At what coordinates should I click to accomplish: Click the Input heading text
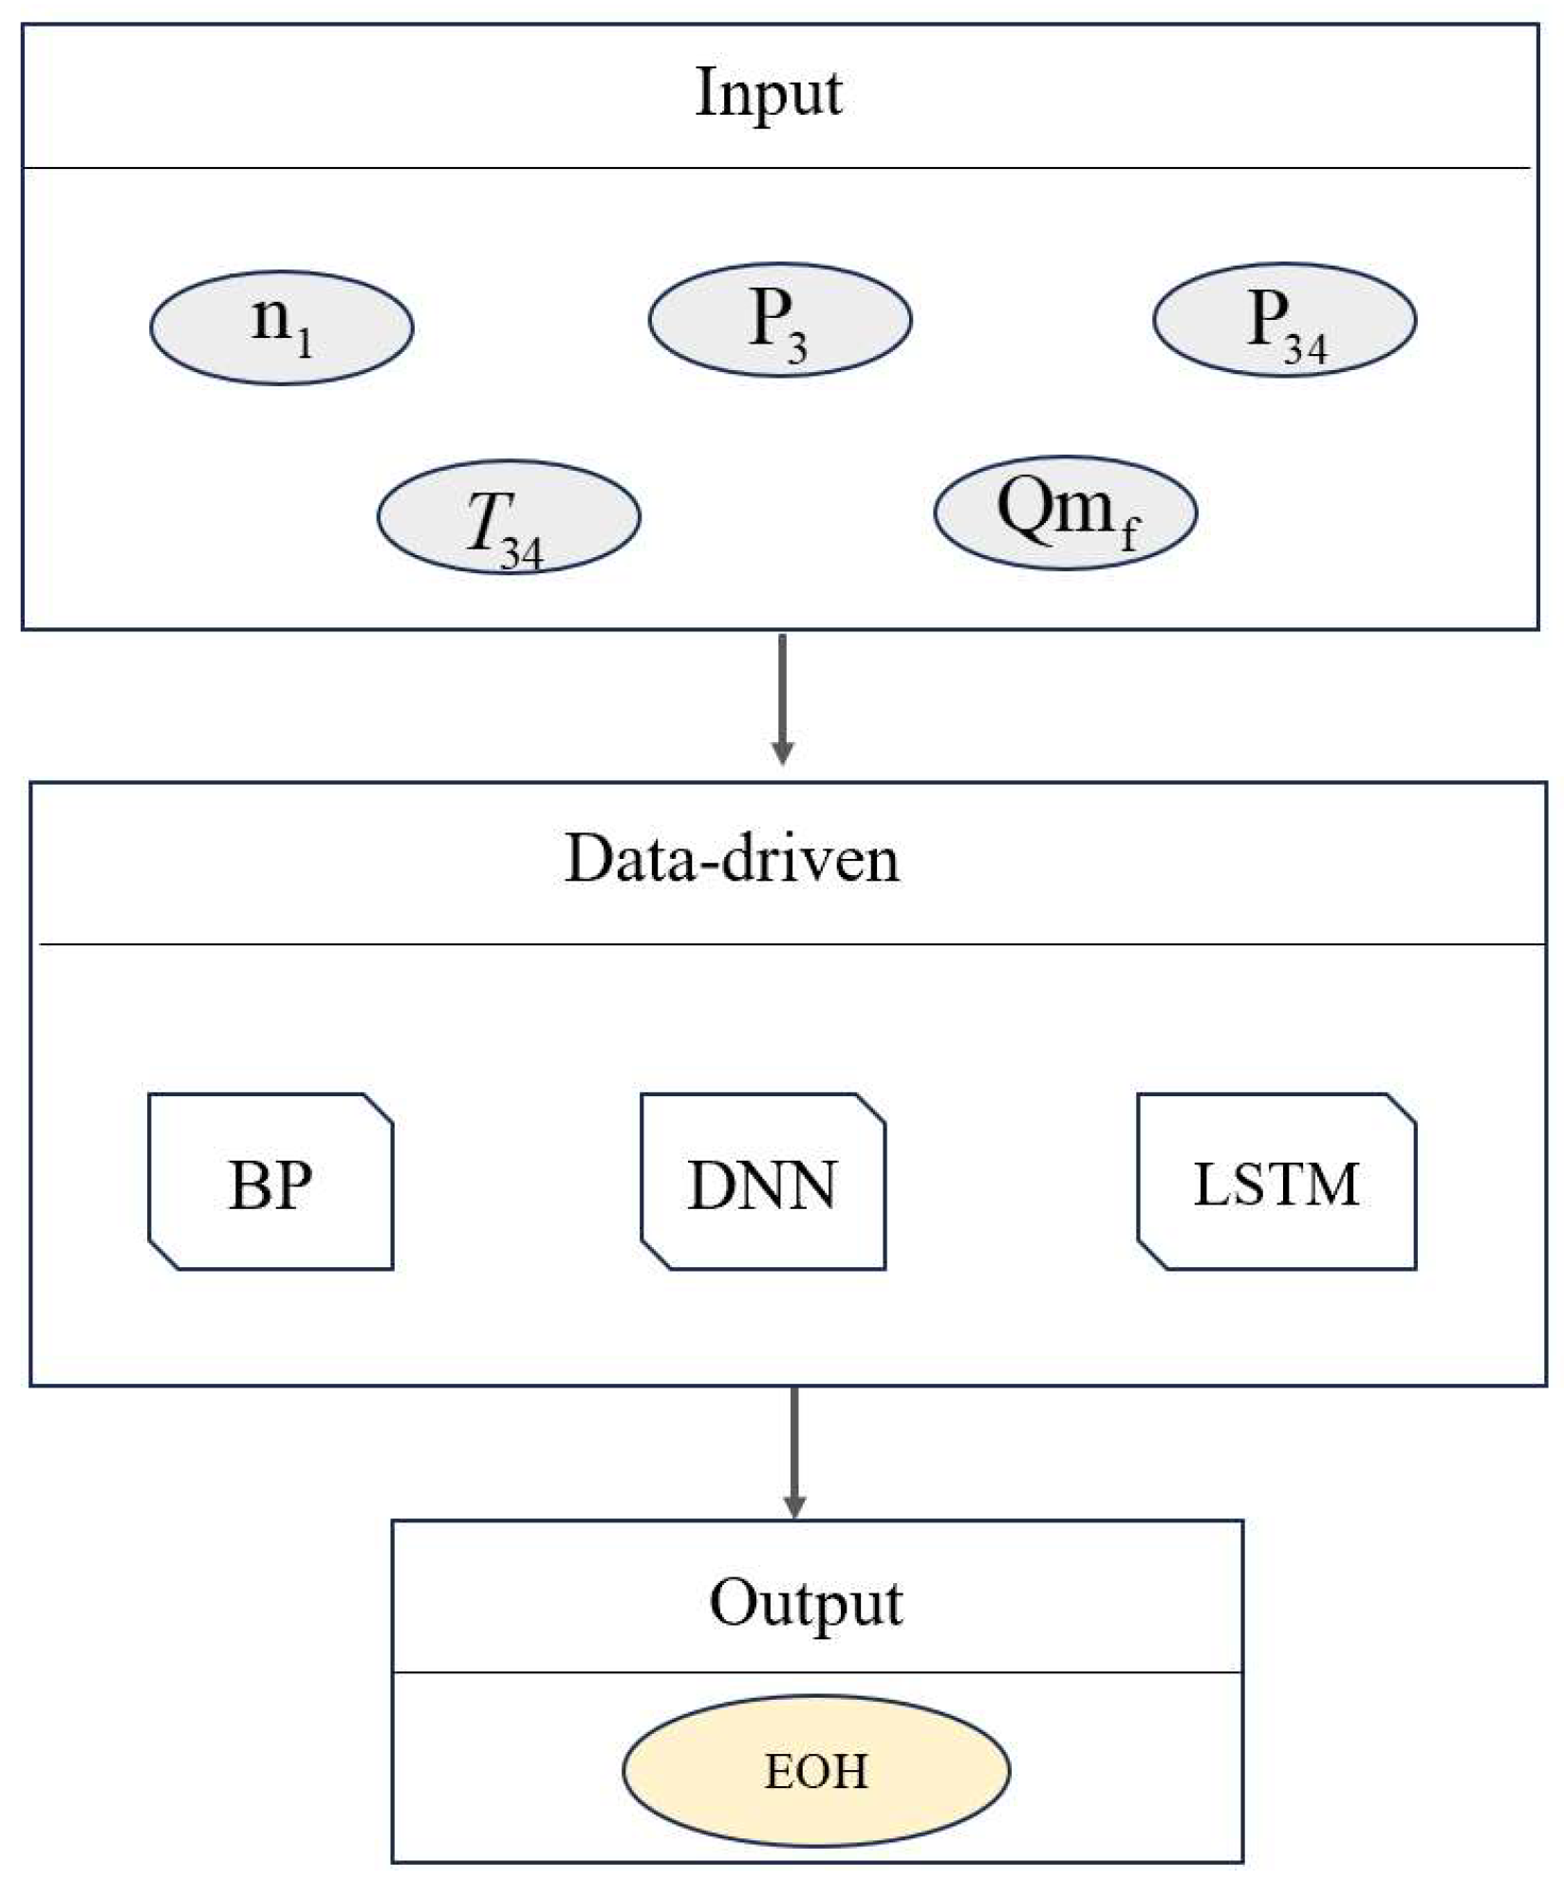[768, 94]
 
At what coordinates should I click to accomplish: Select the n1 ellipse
[281, 327]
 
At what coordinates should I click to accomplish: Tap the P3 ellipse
[779, 320]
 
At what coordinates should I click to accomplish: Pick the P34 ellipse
[1284, 320]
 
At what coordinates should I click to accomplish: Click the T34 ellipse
[508, 516]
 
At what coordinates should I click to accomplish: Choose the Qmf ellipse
[1065, 512]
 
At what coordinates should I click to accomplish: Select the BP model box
[270, 1182]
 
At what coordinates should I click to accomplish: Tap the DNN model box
[762, 1182]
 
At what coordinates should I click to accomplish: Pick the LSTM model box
[1275, 1182]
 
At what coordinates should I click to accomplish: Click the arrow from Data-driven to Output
[794, 1452]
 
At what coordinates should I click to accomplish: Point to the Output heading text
[806, 1603]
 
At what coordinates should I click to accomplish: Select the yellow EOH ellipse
[816, 1771]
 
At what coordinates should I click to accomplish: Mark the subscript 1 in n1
[304, 344]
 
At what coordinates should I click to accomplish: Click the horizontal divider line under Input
[776, 169]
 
